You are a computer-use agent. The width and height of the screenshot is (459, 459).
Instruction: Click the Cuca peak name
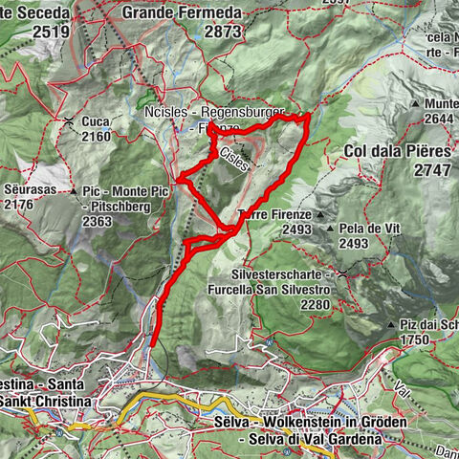pos(96,121)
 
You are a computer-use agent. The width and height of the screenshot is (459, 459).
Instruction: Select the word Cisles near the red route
pos(233,159)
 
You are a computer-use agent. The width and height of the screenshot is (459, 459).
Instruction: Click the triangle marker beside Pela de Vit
pos(330,229)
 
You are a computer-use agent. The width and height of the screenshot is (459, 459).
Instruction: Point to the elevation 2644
pos(442,119)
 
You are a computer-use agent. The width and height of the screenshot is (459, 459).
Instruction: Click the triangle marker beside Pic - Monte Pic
pos(75,192)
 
